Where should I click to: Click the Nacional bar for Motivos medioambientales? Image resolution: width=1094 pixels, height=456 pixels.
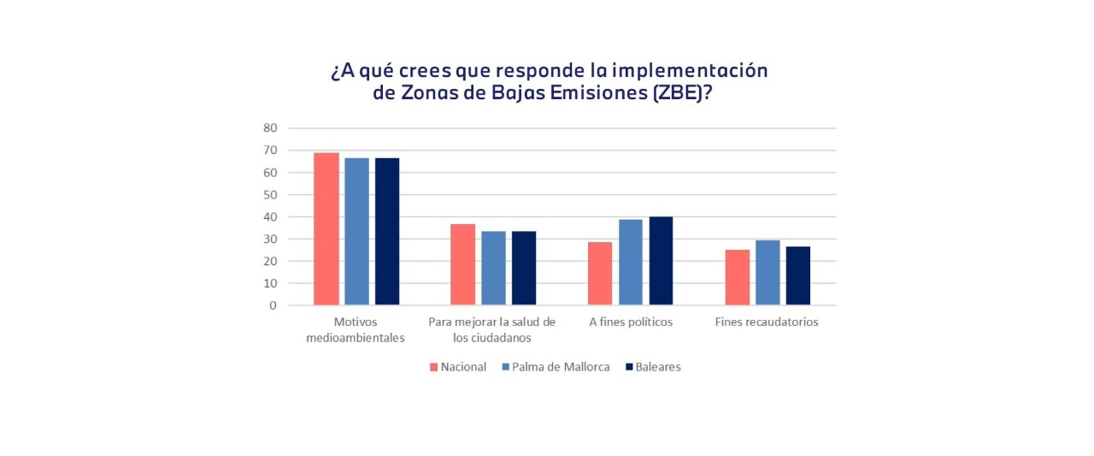pos(326,228)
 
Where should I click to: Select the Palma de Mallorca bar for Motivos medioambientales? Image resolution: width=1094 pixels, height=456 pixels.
pos(357,231)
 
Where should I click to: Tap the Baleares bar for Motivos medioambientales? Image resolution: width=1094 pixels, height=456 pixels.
pos(387,231)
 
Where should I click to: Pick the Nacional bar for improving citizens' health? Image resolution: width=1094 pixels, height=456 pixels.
pos(463,264)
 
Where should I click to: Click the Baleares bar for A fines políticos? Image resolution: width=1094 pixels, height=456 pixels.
pos(661,261)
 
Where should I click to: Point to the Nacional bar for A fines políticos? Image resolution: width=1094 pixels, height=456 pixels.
pos(600,274)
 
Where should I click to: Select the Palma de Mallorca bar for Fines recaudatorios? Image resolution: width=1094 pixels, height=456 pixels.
pos(768,272)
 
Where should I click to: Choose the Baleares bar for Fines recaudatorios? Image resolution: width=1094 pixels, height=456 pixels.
pos(798,275)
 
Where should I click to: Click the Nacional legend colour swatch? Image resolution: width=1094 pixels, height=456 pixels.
pos(434,367)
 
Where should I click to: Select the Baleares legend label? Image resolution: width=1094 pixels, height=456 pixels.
pos(659,367)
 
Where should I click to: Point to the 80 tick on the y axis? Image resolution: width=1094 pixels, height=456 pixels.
pos(270,128)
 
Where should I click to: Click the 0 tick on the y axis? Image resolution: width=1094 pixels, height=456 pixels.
pos(273,305)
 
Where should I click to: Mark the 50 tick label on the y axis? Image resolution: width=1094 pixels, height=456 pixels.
pos(270,194)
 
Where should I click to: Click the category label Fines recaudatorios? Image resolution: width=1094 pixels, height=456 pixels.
pos(767,323)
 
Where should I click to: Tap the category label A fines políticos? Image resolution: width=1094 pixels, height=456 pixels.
pos(631,323)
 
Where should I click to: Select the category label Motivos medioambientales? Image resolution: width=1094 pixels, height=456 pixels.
pos(357,329)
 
